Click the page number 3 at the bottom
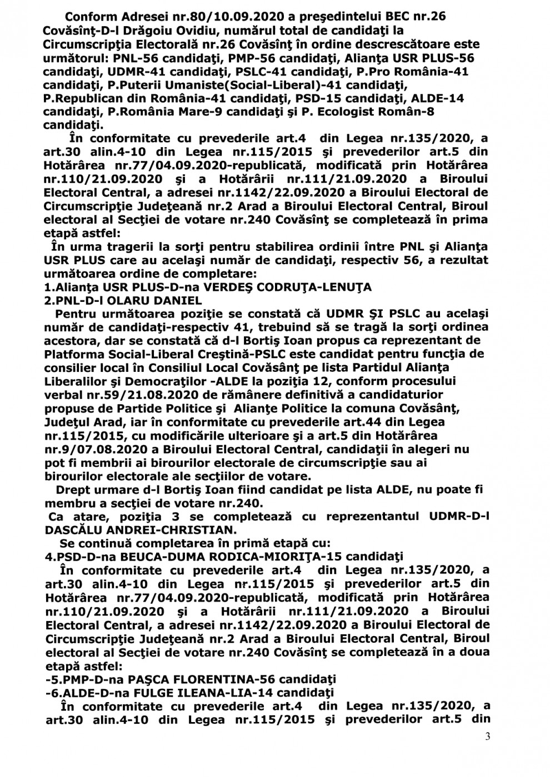coord(488,736)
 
